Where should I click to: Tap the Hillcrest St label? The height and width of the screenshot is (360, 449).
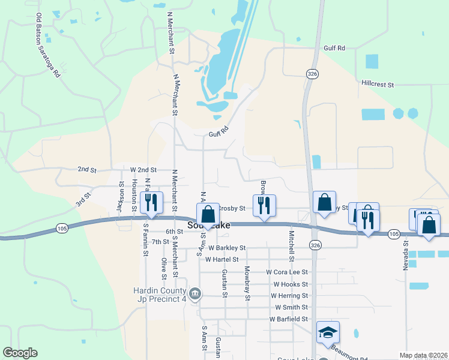coord(377,85)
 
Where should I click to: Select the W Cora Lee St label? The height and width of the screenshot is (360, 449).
coord(287,272)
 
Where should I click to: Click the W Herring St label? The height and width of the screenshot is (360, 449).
coord(289,296)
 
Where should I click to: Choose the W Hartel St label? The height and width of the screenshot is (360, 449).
coord(221,260)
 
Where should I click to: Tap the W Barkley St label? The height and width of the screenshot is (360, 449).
coord(226,248)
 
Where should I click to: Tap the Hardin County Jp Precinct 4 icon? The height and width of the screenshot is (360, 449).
coord(194,294)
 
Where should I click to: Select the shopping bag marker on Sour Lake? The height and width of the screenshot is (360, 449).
coord(208,215)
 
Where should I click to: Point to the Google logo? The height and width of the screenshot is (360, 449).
coord(20,353)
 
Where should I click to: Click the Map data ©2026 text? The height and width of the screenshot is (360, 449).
coord(423,355)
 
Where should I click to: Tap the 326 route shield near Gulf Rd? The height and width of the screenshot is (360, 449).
coord(312,73)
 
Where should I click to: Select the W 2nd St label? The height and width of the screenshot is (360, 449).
coord(143,170)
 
